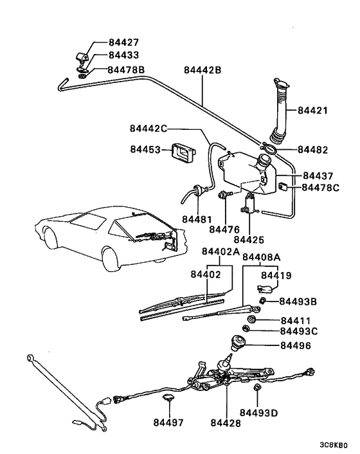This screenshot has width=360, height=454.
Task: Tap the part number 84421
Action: tap(312, 111)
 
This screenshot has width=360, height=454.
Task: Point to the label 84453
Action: tap(145, 149)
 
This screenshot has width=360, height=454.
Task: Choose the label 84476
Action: tap(225, 228)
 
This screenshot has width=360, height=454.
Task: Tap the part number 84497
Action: tap(168, 422)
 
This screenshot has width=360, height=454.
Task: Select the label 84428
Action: tap(226, 422)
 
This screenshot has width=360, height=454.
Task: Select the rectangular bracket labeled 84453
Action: tap(181, 153)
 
